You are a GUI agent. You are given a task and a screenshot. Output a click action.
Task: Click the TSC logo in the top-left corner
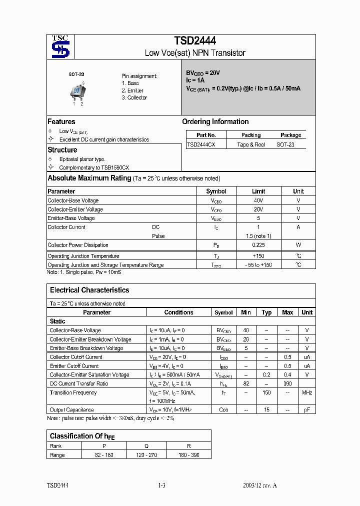click(61, 46)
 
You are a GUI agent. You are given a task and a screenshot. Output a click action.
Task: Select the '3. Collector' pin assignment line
click(134, 98)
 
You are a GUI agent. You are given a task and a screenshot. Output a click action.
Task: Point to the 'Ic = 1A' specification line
click(195, 80)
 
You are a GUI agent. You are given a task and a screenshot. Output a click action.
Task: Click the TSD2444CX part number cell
click(201, 144)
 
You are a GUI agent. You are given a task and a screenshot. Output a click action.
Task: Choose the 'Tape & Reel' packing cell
click(251, 144)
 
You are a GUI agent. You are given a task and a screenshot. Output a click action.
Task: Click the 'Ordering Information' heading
click(215, 121)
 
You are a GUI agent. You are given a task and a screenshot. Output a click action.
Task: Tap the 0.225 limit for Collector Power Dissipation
click(258, 245)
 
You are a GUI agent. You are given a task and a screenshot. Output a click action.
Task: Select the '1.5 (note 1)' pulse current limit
click(258, 236)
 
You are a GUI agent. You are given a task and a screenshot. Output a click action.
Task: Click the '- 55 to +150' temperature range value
click(258, 265)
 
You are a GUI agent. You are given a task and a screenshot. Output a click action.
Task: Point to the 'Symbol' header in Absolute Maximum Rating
click(216, 191)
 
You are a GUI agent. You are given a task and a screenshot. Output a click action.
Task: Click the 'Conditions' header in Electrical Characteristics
click(178, 312)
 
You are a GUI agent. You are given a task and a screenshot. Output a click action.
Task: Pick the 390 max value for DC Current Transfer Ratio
click(287, 383)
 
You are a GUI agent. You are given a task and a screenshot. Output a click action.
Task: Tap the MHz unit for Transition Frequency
click(307, 392)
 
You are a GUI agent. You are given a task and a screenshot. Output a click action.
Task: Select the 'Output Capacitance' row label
click(71, 410)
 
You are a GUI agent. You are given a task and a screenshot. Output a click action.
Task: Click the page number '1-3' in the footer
click(161, 485)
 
